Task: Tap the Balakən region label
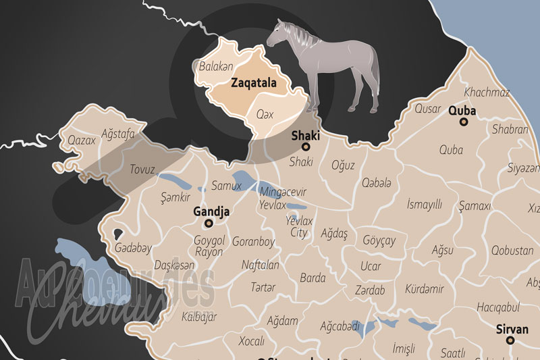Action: [x=215, y=66]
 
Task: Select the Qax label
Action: [x=265, y=114]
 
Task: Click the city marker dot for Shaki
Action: [x=305, y=147]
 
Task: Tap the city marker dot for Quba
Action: [x=463, y=122]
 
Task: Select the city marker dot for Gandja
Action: [x=209, y=223]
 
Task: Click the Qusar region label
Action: [x=427, y=109]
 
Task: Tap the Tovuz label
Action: [x=142, y=168]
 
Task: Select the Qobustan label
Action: [x=512, y=251]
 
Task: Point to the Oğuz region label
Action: [x=342, y=165]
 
